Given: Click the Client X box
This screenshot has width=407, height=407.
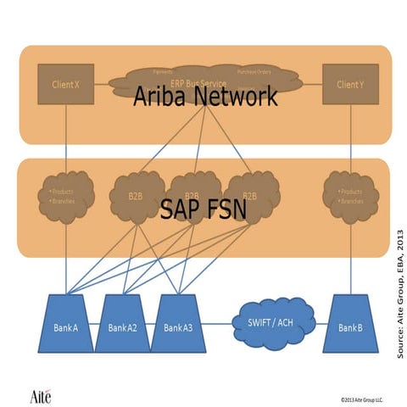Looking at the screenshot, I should click(65, 85).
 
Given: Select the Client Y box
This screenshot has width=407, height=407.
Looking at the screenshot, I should click(349, 85).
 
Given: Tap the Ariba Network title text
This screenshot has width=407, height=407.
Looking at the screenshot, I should click(205, 97).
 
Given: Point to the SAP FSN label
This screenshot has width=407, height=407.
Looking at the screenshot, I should click(203, 209).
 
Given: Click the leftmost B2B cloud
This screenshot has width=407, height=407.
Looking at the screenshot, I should click(136, 197).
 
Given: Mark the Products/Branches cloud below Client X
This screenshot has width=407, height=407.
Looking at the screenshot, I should click(65, 197).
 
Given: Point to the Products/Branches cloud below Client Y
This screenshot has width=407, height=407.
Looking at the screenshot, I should click(349, 197).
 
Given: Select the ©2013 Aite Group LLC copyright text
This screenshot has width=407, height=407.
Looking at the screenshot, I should click(361, 397).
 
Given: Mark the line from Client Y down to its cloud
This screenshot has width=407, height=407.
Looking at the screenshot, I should click(349, 136).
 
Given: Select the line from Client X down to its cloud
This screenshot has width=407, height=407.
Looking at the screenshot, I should click(65, 136).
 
